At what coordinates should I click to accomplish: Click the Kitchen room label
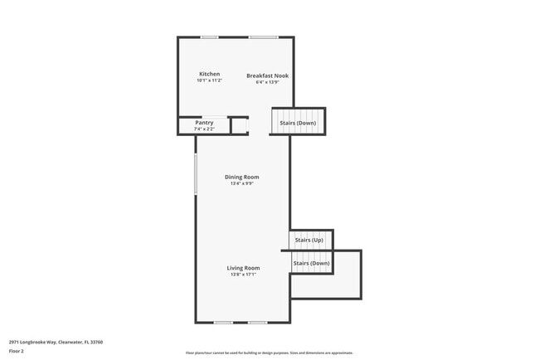pyautogui.click(x=209, y=74)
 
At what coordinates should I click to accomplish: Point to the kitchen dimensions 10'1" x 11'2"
pyautogui.click(x=209, y=80)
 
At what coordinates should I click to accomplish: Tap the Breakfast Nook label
pyautogui.click(x=267, y=75)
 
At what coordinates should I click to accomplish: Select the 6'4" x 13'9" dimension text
pyautogui.click(x=267, y=82)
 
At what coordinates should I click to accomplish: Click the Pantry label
pyautogui.click(x=204, y=123)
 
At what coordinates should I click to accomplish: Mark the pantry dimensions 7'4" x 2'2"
pyautogui.click(x=204, y=129)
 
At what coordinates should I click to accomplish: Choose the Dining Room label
pyautogui.click(x=242, y=177)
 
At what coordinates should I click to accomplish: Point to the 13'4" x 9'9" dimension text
pyautogui.click(x=242, y=183)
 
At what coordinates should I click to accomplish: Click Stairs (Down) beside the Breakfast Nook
pyautogui.click(x=298, y=123)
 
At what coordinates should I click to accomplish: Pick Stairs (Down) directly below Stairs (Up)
pyautogui.click(x=311, y=263)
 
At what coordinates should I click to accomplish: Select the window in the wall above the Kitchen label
pyautogui.click(x=210, y=37)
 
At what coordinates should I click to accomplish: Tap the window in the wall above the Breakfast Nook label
pyautogui.click(x=264, y=37)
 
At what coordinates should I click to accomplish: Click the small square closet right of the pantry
pyautogui.click(x=239, y=125)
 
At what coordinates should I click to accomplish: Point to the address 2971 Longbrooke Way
pyautogui.click(x=56, y=342)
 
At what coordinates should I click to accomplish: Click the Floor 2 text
pyautogui.click(x=17, y=351)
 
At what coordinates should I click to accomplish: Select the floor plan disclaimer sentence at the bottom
pyautogui.click(x=269, y=353)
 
